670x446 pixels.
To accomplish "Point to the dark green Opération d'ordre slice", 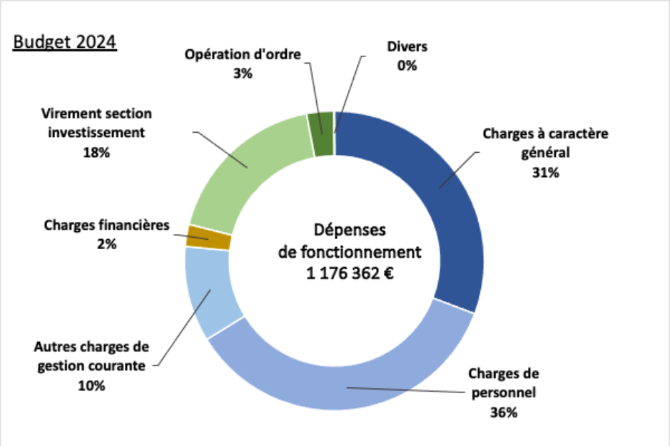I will [x=320, y=123].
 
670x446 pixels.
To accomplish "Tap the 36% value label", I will [x=504, y=412].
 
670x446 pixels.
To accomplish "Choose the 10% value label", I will [x=91, y=386].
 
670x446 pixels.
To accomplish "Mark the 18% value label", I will [x=96, y=153].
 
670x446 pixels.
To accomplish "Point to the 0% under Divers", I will [x=407, y=66].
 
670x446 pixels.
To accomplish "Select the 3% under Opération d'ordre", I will [x=243, y=74].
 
